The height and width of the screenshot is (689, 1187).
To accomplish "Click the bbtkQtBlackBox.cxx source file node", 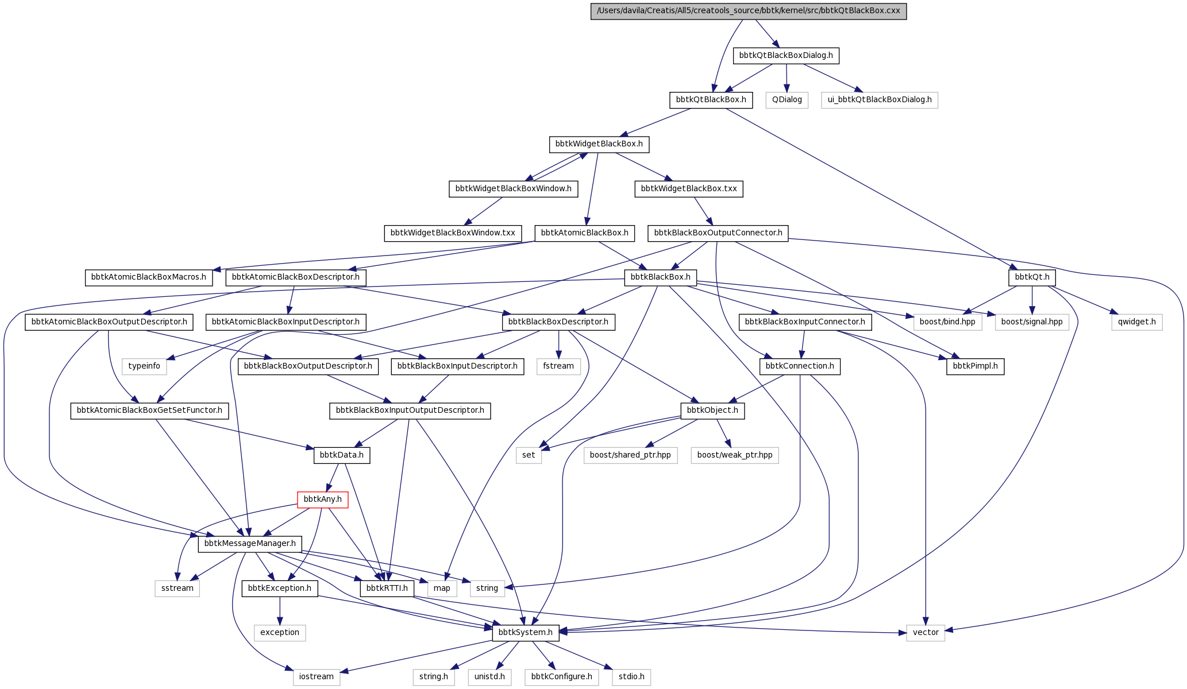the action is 748,11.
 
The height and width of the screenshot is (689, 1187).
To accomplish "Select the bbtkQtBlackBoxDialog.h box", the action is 786,56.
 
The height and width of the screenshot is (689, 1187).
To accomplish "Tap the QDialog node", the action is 787,100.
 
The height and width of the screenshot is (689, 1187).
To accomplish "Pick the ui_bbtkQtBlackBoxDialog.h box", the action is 880,100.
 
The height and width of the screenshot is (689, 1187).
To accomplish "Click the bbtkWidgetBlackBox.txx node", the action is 689,189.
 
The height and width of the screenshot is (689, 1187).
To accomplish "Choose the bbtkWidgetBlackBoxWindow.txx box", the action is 453,233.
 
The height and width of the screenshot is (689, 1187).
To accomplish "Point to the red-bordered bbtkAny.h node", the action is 322,500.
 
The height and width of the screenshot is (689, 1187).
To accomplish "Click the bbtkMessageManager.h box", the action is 250,544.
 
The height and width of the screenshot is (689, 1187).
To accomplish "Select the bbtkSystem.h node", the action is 526,633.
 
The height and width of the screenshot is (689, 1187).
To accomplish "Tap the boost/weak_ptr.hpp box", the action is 735,455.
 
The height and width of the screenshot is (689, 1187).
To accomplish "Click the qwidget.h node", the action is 1137,322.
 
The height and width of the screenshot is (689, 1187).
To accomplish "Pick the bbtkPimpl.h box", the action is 975,366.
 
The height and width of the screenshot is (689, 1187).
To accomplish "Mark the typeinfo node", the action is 144,366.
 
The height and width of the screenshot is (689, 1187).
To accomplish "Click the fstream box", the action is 558,366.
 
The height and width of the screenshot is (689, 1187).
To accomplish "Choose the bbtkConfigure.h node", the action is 561,677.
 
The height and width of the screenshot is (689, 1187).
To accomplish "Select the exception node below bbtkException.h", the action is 280,633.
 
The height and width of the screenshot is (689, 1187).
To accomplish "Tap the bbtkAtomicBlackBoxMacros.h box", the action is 148,277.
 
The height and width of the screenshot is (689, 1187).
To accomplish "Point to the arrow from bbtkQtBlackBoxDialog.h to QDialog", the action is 787,78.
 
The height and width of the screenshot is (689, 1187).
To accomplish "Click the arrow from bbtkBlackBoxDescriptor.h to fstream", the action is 558,344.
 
